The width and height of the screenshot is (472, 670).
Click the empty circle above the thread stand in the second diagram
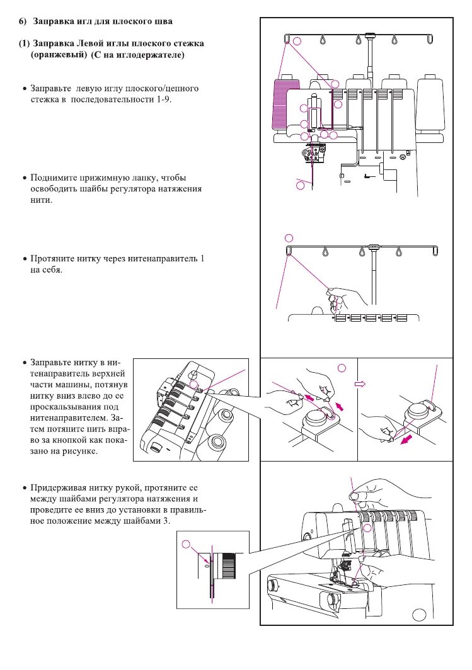(289, 238)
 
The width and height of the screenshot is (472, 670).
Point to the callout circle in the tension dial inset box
(186, 545)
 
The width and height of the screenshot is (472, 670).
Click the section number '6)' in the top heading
(22, 21)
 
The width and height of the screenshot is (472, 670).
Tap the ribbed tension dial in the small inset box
(226, 565)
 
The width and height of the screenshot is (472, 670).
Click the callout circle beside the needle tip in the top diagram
(300, 185)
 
